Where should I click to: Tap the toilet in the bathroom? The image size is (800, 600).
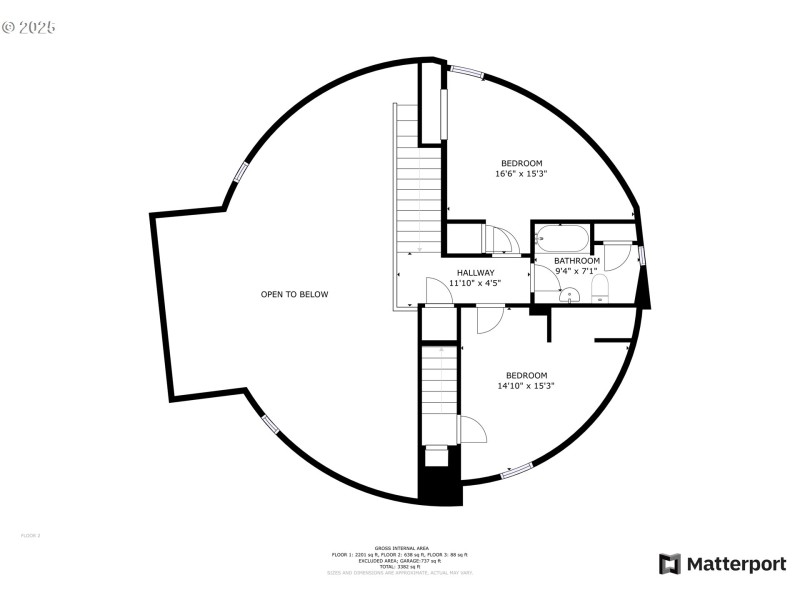click(600, 290)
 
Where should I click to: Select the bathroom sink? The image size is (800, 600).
click(569, 295)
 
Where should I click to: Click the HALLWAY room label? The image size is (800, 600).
click(475, 272)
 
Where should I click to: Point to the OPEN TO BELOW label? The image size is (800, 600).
click(294, 294)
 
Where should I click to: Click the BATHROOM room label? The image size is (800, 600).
click(577, 260)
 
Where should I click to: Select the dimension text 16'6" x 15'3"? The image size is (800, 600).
click(521, 174)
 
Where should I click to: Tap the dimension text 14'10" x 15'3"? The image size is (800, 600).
click(525, 386)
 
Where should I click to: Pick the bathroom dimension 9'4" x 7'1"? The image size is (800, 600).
click(576, 270)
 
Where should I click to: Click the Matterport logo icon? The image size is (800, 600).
click(669, 564)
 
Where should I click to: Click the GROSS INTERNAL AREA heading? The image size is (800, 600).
click(399, 548)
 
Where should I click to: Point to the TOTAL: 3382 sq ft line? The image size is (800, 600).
click(399, 566)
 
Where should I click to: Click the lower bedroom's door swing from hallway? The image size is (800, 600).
click(488, 319)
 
